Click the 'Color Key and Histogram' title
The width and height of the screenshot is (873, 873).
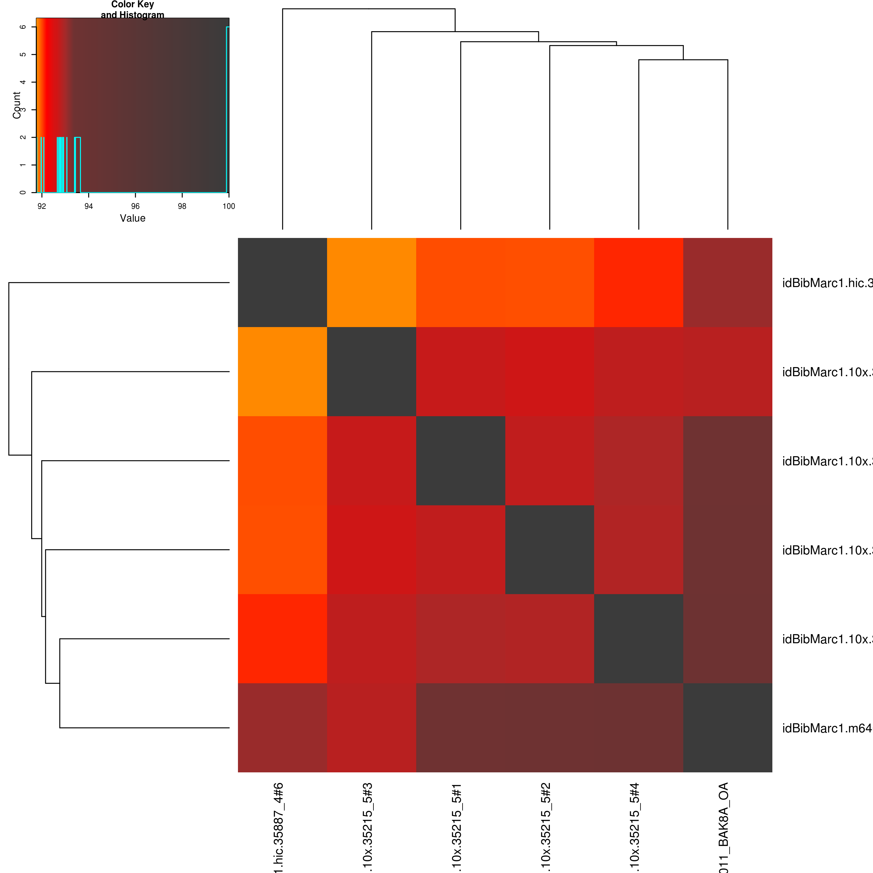click(x=132, y=9)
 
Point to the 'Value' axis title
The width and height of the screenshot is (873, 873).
click(x=132, y=218)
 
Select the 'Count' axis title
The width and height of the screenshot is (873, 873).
click(x=17, y=105)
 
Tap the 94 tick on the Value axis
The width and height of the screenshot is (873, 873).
click(x=89, y=206)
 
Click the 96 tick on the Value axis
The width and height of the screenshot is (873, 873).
click(x=135, y=206)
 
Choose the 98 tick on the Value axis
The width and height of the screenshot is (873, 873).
click(x=182, y=206)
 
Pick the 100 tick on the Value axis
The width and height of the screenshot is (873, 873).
click(x=229, y=206)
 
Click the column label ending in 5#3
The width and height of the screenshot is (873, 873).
click(x=368, y=827)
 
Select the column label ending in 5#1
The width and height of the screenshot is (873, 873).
click(x=457, y=827)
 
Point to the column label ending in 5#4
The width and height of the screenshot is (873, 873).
click(x=635, y=827)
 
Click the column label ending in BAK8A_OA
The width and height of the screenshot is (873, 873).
click(x=724, y=827)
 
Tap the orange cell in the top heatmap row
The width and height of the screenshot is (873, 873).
click(x=371, y=283)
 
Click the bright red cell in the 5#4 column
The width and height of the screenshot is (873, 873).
click(x=638, y=283)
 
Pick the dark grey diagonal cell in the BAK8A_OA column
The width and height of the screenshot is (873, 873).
click(x=727, y=727)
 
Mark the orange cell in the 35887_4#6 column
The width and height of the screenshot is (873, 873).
click(x=283, y=371)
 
